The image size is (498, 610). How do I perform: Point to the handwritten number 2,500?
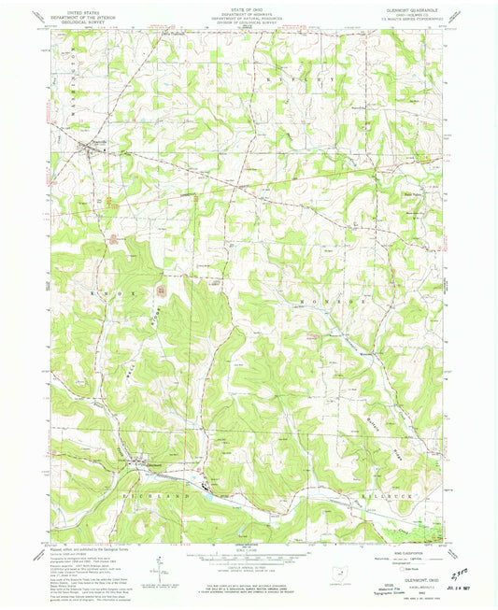[x=457, y=579]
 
